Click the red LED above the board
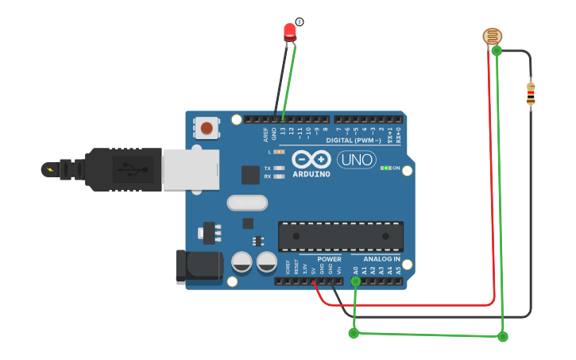(x=290, y=32)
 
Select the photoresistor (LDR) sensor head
(x=493, y=36)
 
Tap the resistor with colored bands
(x=531, y=93)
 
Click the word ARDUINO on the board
(x=310, y=174)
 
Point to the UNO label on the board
(x=357, y=160)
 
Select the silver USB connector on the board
(x=190, y=170)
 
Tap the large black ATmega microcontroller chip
(x=340, y=236)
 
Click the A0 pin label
(x=355, y=270)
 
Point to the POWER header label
(x=329, y=259)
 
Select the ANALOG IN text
(x=381, y=259)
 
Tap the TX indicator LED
(x=278, y=168)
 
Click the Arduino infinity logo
(x=309, y=159)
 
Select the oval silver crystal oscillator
(x=247, y=203)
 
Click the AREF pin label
(x=266, y=134)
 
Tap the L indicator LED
(x=278, y=151)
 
